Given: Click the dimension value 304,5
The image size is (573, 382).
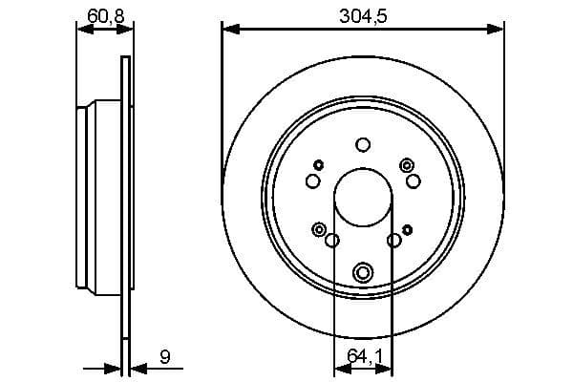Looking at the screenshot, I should point(362,15).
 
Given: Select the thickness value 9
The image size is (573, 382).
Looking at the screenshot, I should point(165,357).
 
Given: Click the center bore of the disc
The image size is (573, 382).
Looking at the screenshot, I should point(362,197).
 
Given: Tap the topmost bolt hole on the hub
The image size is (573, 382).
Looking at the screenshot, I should point(362,145).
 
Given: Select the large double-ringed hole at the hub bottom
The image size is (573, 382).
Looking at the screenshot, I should point(362,273).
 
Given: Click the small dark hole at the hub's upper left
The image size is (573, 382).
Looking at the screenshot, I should point(317,164).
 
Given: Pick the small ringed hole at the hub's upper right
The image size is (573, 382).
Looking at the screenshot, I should point(407,164).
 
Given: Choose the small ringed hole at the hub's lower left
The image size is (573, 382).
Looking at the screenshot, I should point(318,228).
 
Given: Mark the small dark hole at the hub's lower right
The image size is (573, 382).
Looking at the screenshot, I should point(407,229).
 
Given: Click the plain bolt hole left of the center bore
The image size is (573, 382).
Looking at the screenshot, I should point(312,181).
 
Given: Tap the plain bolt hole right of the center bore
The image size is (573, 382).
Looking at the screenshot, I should point(413,180).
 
